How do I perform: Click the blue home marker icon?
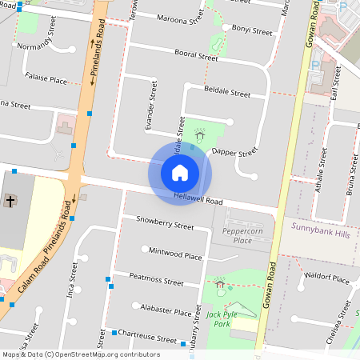[180, 172]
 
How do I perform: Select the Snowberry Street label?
[165, 222]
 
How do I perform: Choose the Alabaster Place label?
[166, 311]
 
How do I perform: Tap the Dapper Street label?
[234, 151]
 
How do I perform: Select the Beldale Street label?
[227, 93]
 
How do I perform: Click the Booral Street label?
[196, 55]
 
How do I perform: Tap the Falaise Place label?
[46, 79]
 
